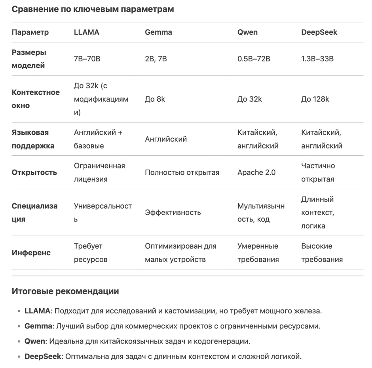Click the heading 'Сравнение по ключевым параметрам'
pos(93,9)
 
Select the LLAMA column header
pos(86,32)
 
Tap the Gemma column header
pos(158,32)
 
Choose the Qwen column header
pos(247,32)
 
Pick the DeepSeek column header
pos(319,32)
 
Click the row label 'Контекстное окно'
pos(36,99)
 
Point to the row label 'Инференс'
pos(31,253)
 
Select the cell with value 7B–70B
pos(87,59)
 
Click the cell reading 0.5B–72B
pos(254,59)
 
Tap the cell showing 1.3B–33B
pos(317,59)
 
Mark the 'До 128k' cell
pos(315,99)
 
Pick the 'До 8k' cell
pos(155,99)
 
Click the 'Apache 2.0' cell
pos(256,172)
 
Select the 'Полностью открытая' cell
pos(182,172)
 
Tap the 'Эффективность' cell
pos(173,212)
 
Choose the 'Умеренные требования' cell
pos(258,253)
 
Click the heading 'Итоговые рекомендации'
pos(65,292)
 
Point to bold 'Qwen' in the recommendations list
pos(35,341)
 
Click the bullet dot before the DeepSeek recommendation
pos(19,357)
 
